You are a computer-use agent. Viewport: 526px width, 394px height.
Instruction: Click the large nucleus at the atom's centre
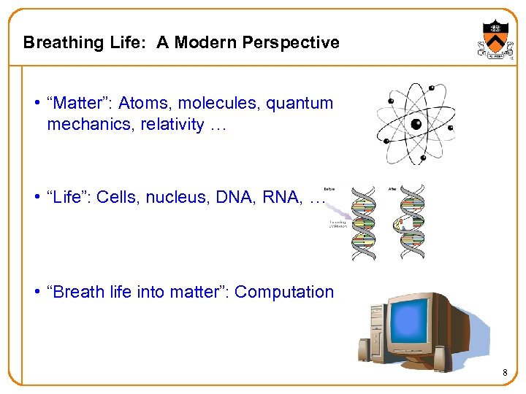point(416,124)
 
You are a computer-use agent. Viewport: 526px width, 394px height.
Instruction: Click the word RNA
point(282,197)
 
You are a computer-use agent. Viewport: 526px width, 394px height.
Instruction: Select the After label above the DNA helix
point(392,188)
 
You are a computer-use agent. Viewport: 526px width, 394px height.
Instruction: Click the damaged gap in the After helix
point(400,222)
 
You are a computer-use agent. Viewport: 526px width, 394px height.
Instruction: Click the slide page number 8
point(505,374)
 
